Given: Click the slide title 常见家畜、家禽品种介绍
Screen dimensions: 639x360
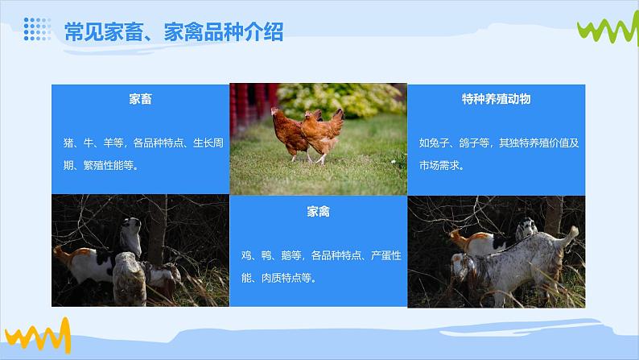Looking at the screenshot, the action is coord(174,31).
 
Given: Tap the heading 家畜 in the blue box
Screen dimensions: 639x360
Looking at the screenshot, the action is coord(140,99).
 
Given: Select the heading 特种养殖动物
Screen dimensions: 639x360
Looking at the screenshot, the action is coord(496,99).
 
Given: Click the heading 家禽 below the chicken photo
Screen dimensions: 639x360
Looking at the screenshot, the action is coord(318,212).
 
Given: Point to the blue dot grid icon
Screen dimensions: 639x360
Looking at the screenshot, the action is coord(37,29).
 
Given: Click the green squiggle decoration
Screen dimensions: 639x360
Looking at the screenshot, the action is coord(608,28).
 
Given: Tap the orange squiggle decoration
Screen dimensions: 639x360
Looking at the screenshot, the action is coord(38,336).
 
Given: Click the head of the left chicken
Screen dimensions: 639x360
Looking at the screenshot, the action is coord(276,112).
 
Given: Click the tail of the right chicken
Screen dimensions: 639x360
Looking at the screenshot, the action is coord(337,115).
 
